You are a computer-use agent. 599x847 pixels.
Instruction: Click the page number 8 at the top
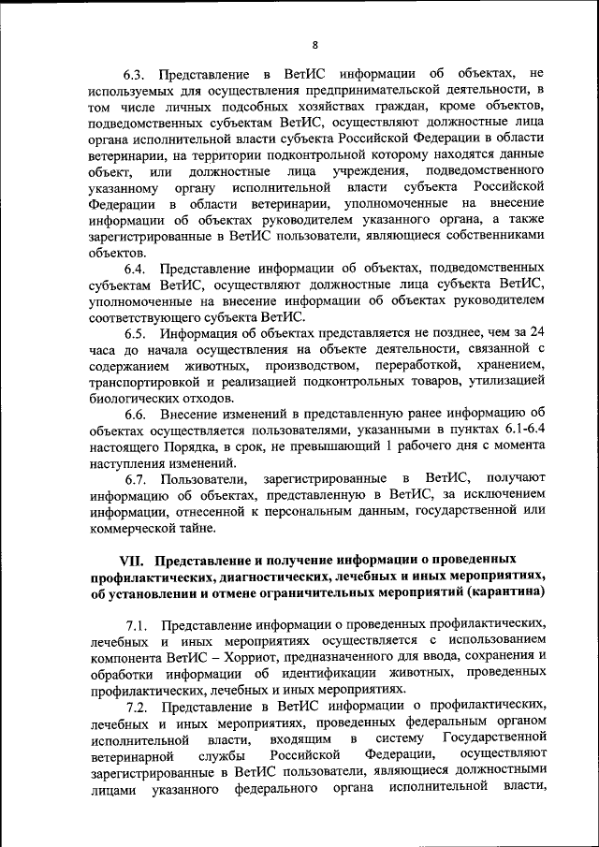[x=315, y=45]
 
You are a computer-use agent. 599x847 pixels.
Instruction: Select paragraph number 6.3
[x=138, y=74]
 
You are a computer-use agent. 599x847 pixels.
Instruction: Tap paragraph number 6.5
[x=138, y=332]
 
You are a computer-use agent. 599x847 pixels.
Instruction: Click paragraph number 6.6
[x=138, y=414]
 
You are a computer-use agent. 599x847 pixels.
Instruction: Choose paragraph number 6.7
[x=138, y=478]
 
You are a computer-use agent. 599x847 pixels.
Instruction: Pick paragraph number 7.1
[x=138, y=625]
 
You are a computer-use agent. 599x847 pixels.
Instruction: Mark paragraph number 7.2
[x=138, y=705]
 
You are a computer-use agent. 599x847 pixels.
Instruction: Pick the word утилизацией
[x=500, y=382]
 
